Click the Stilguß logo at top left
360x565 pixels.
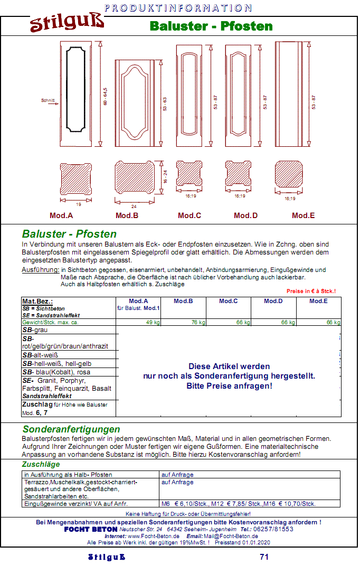67,24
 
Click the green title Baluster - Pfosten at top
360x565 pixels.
211,26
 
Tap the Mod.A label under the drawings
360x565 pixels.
61,215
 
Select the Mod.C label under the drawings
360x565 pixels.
190,215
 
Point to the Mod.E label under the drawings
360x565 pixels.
304,215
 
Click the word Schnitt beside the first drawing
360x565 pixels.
48,100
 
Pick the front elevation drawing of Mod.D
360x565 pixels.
240,95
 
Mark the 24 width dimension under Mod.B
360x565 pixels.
134,206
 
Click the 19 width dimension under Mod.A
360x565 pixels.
78,204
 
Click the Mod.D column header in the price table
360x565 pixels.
273,301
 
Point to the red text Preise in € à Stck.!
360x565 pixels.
311,291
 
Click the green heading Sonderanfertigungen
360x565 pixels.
71,429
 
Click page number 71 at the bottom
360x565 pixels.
264,557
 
